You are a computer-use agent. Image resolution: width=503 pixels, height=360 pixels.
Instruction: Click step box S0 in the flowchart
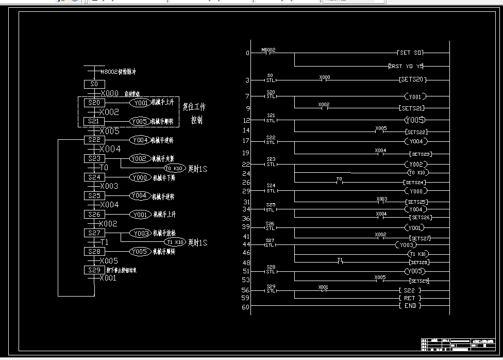94,84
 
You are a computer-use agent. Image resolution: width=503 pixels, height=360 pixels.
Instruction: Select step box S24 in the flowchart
94,177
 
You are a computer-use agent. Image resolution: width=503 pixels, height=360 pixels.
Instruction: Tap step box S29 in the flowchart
94,270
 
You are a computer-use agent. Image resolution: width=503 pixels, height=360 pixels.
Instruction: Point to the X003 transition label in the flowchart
109,186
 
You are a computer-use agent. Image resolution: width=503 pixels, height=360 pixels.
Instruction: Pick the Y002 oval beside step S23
140,159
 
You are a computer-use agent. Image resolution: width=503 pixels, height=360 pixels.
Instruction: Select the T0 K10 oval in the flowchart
175,169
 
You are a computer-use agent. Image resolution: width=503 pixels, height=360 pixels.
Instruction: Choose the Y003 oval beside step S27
140,234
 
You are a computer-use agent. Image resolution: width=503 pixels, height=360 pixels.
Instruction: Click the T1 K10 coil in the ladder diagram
418,254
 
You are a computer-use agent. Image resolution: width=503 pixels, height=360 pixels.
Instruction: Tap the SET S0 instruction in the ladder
411,53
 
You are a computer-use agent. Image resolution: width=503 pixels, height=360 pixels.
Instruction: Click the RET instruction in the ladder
410,298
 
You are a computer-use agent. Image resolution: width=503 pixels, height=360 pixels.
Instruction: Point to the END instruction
410,306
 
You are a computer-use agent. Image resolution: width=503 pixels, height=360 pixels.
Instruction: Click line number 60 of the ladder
246,307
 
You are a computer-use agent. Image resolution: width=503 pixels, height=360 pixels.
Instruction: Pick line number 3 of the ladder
247,80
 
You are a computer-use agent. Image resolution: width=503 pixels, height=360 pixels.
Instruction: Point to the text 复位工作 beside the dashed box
194,107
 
